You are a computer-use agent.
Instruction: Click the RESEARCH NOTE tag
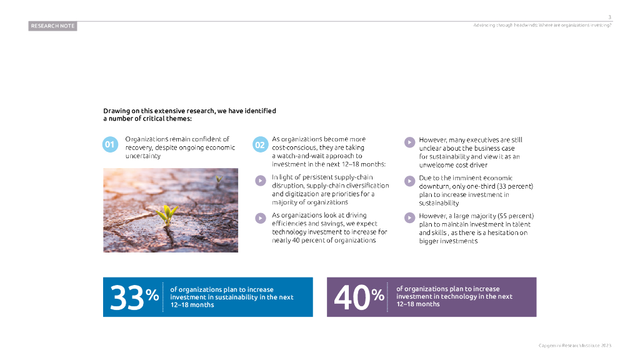click(52, 26)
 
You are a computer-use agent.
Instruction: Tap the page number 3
click(609, 17)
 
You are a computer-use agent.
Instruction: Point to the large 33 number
click(127, 297)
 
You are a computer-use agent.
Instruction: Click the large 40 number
click(352, 297)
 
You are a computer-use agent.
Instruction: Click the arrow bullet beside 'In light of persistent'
click(260, 181)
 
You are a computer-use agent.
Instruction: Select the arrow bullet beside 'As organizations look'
click(260, 218)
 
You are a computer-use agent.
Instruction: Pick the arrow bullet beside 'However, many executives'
click(409, 142)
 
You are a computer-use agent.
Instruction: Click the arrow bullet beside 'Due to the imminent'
click(409, 181)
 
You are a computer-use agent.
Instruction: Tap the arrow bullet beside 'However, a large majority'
click(409, 217)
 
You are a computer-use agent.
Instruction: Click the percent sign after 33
click(152, 294)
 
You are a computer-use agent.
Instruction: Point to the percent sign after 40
click(378, 294)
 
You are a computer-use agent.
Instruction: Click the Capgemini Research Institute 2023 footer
click(574, 345)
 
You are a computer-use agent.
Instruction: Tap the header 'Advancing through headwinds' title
click(542, 25)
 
